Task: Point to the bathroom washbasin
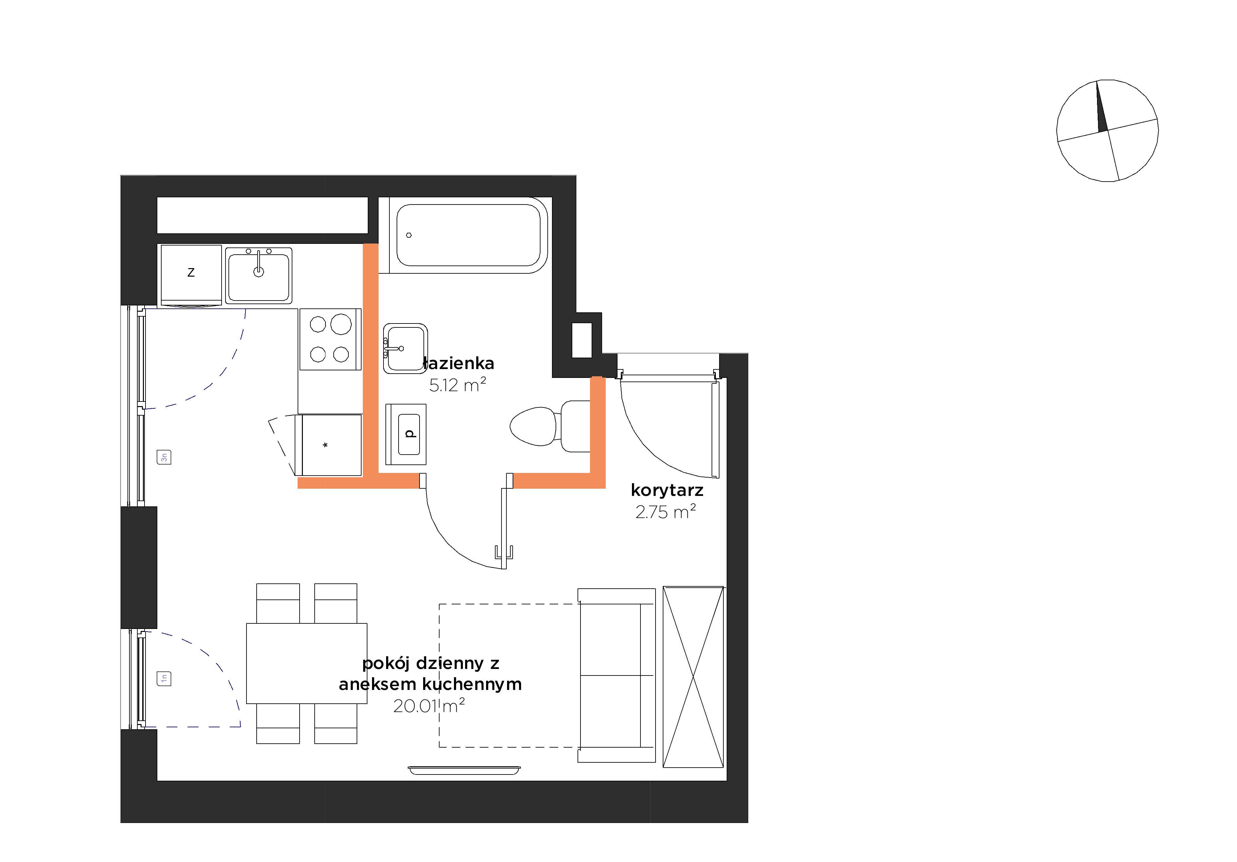point(405,349)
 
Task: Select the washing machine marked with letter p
point(406,434)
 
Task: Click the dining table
point(306,663)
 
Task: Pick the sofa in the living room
point(616,675)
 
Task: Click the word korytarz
point(667,490)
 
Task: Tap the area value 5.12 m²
point(458,385)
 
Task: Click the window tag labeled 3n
point(164,458)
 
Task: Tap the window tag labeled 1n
point(164,678)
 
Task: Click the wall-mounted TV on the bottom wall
point(464,771)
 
